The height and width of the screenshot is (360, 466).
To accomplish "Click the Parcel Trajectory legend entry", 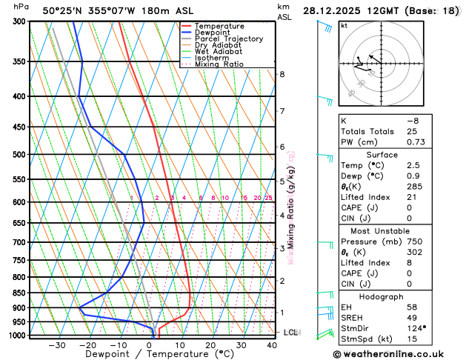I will [228, 39].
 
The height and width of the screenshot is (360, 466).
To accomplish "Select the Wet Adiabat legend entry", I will [218, 51].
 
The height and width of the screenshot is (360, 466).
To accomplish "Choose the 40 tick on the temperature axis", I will [273, 344].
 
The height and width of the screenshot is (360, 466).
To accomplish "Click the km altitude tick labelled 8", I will [282, 74].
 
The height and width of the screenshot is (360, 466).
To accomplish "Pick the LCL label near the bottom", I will [290, 333].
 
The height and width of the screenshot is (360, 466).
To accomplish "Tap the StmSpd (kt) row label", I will [365, 339].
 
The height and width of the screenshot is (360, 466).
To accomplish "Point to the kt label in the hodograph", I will [344, 25].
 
